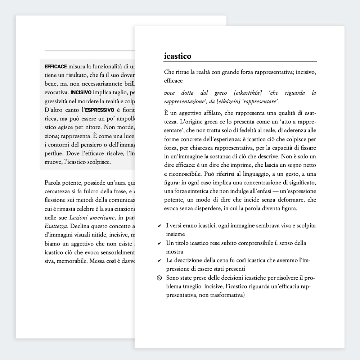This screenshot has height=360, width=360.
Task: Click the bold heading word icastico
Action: [177, 56]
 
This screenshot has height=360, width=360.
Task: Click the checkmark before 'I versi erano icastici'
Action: [159, 226]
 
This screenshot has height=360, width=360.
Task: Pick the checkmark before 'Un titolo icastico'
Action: [159, 244]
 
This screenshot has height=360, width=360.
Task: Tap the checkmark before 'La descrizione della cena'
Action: [159, 261]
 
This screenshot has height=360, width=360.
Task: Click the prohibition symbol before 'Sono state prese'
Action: [159, 278]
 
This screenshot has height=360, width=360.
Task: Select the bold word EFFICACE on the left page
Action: [55, 67]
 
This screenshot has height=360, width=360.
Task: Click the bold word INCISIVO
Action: [81, 93]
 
